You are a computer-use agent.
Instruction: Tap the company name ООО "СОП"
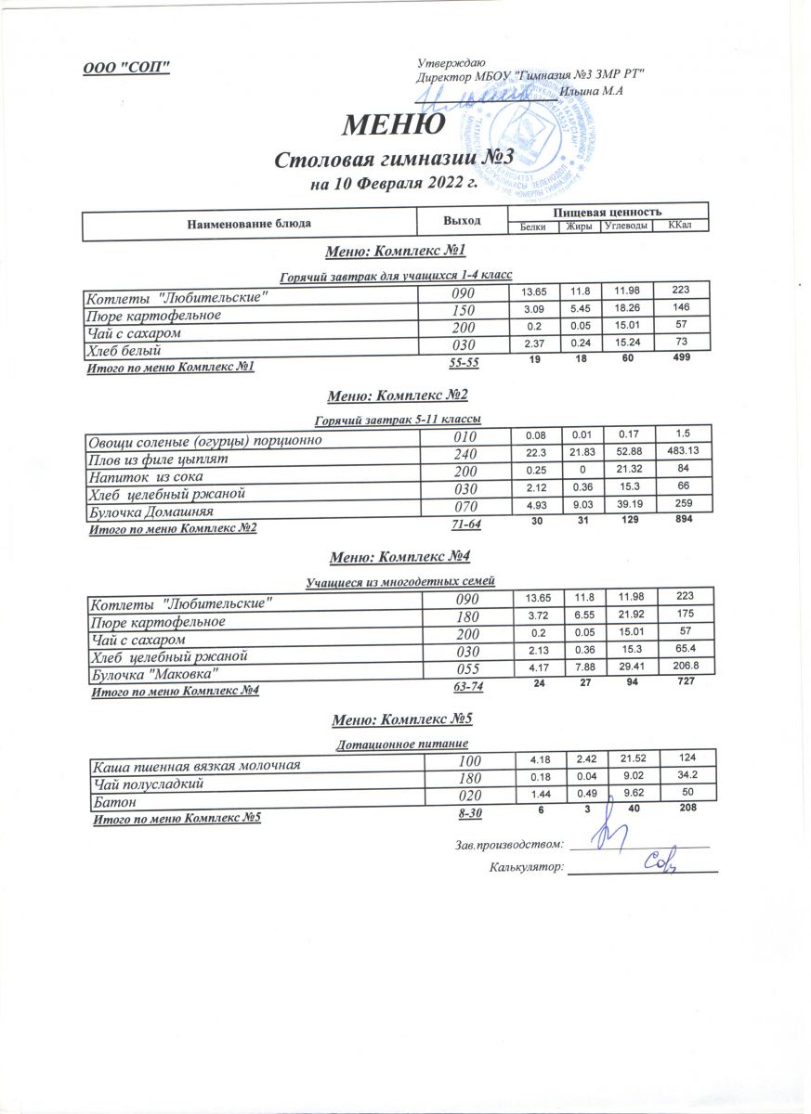pyautogui.click(x=126, y=67)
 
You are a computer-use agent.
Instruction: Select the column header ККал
pyautogui.click(x=681, y=226)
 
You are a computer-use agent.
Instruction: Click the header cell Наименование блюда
pyautogui.click(x=249, y=224)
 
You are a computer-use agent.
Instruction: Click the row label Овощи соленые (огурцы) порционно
pyautogui.click(x=204, y=440)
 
